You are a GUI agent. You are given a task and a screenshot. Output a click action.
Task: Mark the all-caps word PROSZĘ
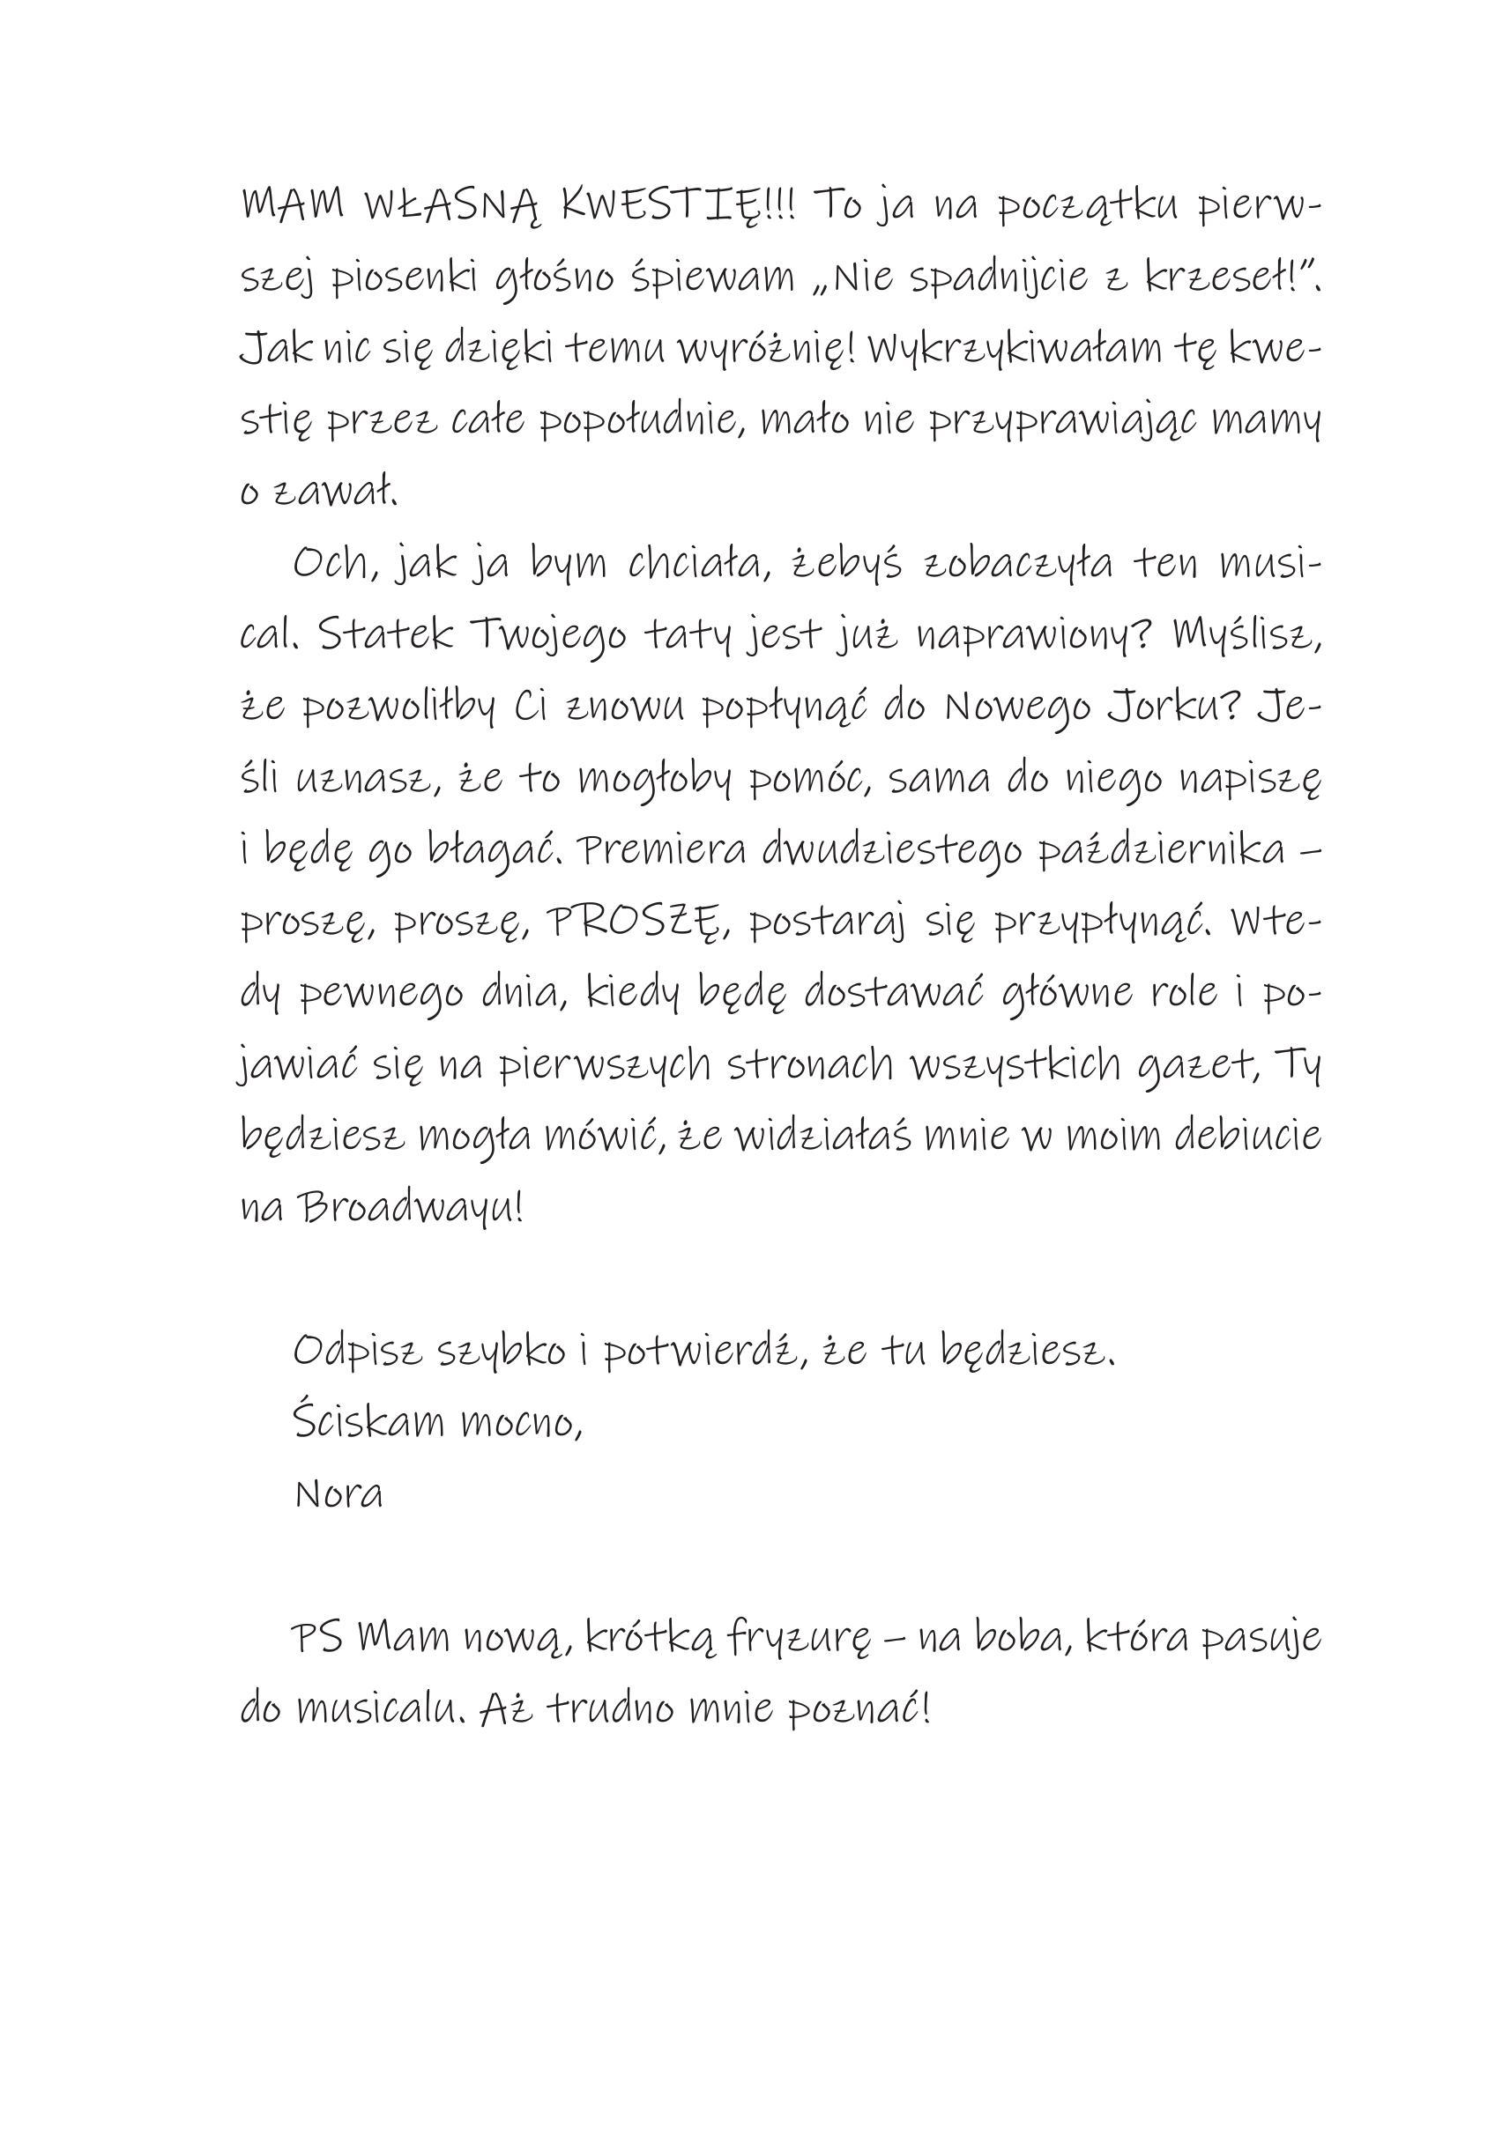point(631,923)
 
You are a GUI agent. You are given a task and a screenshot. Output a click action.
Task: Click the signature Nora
point(338,1494)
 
